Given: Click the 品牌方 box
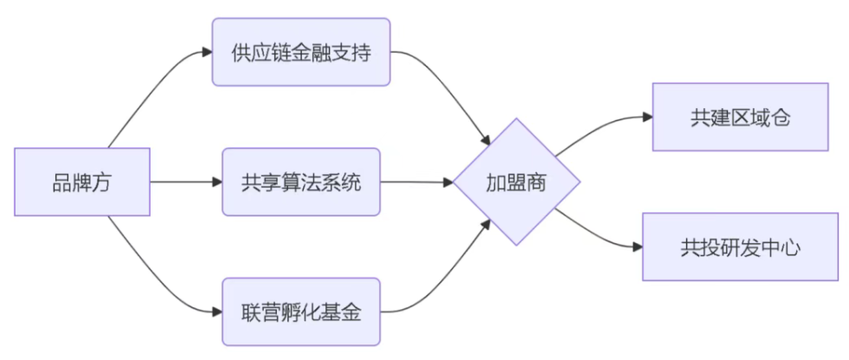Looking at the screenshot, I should [x=82, y=183].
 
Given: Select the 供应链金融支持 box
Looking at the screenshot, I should [x=301, y=52].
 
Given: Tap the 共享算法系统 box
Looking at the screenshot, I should [x=301, y=183].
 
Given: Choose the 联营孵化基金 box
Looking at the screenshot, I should [x=301, y=312].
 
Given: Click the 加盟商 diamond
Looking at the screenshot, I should [x=517, y=183].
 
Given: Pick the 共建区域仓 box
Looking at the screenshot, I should [x=740, y=118].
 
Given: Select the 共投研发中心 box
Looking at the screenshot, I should [x=740, y=247].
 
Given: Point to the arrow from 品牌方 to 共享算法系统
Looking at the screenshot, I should [x=186, y=183].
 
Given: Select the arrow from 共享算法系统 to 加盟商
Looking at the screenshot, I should [x=415, y=183].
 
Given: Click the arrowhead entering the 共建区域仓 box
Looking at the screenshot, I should [x=646, y=118].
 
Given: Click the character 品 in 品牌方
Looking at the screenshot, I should [x=61, y=183].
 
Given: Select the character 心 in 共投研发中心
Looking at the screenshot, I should [x=791, y=248].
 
